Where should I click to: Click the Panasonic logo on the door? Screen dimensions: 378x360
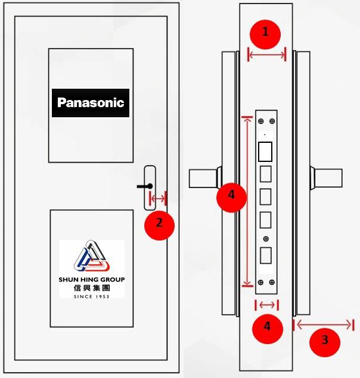click(x=91, y=102)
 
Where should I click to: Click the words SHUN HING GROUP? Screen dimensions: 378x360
click(x=92, y=280)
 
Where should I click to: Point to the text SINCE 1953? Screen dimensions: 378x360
click(x=92, y=296)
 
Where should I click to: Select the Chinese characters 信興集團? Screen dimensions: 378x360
click(x=92, y=288)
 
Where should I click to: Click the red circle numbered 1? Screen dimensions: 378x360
click(x=266, y=33)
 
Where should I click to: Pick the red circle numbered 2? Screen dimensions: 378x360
click(x=159, y=224)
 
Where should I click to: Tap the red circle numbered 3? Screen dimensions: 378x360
click(x=325, y=340)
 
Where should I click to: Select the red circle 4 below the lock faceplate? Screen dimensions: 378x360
click(x=266, y=326)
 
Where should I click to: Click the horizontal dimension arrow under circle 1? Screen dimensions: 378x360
click(x=266, y=55)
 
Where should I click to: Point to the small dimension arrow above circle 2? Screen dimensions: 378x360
click(x=158, y=198)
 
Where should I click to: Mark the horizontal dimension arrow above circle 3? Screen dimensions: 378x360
click(x=325, y=324)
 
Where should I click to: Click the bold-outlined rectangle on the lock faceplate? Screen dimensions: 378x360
click(x=265, y=152)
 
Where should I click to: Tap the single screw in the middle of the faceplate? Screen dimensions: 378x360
click(x=266, y=239)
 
